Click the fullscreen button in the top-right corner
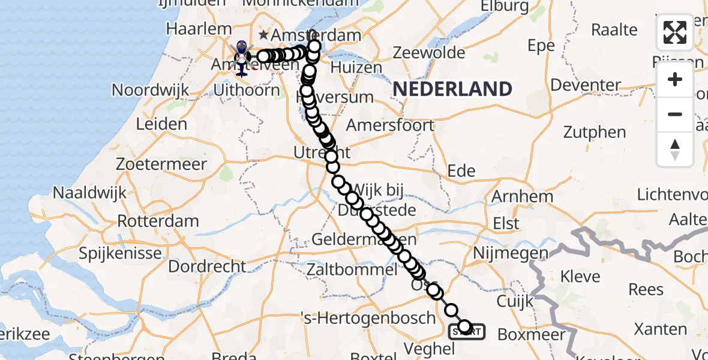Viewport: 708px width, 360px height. [675, 32]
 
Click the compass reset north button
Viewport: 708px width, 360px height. [675, 149]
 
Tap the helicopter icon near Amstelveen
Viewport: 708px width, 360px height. [241, 59]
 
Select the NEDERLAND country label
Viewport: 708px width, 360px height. [452, 89]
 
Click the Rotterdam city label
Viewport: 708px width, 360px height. [158, 220]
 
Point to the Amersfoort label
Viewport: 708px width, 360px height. [390, 125]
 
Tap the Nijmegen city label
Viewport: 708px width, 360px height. [511, 253]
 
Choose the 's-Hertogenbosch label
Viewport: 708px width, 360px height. [384, 317]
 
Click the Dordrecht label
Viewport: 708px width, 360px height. [207, 266]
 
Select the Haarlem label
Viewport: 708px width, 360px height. [199, 28]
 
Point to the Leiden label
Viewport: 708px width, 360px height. [161, 124]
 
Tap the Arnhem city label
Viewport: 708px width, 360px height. [522, 196]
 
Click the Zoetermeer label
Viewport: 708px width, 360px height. [161, 164]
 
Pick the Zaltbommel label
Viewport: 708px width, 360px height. [352, 269]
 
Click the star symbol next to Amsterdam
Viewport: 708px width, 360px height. [263, 35]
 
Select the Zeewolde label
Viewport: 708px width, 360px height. [429, 53]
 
